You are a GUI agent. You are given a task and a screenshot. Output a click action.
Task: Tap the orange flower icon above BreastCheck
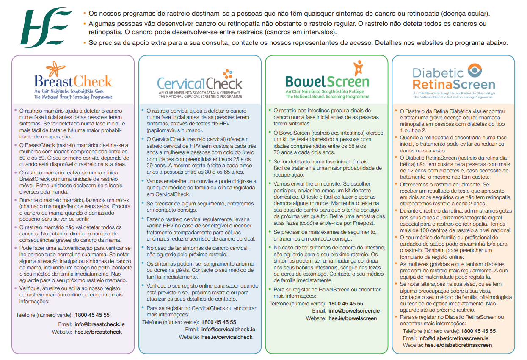click(55, 69)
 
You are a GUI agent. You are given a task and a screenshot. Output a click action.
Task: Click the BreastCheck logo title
click(73, 81)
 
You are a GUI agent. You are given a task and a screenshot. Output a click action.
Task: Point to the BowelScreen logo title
click(327, 81)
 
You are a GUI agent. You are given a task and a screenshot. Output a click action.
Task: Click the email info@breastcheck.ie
click(99, 324)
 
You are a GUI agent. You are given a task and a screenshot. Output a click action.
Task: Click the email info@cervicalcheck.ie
click(228, 329)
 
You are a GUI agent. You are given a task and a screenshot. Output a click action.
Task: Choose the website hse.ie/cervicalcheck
click(226, 337)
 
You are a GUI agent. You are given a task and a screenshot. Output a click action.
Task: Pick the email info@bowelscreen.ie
click(354, 310)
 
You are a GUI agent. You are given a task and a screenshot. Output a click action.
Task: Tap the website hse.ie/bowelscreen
click(353, 318)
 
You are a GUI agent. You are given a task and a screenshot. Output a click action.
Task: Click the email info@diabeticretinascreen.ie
click(453, 338)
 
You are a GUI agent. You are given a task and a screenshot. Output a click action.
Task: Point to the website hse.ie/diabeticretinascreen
click(458, 345)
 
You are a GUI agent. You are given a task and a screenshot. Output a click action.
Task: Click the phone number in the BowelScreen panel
click(346, 303)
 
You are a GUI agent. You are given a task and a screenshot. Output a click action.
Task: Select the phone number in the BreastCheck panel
click(92, 315)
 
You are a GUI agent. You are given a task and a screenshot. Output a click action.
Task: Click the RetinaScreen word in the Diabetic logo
click(454, 84)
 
